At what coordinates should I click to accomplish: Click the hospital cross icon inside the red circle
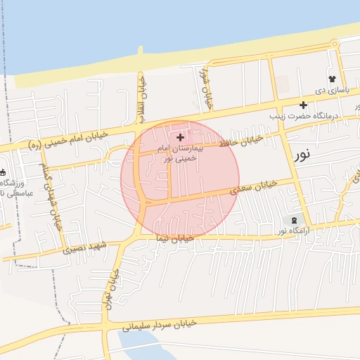point(181,137)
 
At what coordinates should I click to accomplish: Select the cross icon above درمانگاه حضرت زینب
point(303,105)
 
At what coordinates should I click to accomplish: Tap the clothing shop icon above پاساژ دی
point(331,79)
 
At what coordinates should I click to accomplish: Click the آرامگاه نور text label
point(291,231)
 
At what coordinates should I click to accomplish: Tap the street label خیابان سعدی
point(255,186)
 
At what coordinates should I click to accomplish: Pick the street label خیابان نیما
point(176,239)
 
